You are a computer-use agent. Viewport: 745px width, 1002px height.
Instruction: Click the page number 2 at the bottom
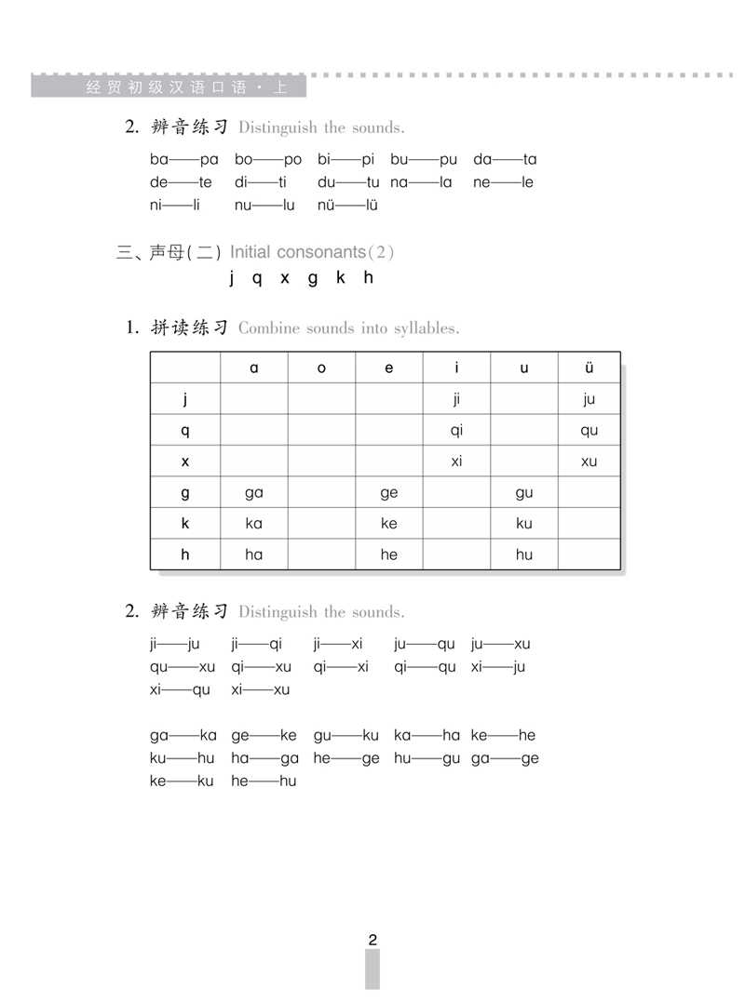[372, 940]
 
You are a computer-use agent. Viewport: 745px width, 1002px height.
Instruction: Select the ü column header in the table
[589, 367]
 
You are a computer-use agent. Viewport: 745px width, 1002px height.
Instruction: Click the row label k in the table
[185, 523]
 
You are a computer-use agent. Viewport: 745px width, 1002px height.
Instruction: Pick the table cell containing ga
[254, 493]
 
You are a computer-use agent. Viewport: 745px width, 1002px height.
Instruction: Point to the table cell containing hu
[524, 554]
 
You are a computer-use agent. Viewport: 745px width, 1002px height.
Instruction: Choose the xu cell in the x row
[589, 461]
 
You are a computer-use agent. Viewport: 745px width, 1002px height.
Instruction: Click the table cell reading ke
[389, 523]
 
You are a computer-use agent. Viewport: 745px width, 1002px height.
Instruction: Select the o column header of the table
[321, 367]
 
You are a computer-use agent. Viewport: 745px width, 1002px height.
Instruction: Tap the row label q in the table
[185, 431]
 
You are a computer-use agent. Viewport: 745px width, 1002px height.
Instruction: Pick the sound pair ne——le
[503, 182]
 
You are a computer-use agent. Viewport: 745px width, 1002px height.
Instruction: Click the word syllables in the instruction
[426, 328]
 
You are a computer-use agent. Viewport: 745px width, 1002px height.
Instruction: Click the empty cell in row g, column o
[321, 493]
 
